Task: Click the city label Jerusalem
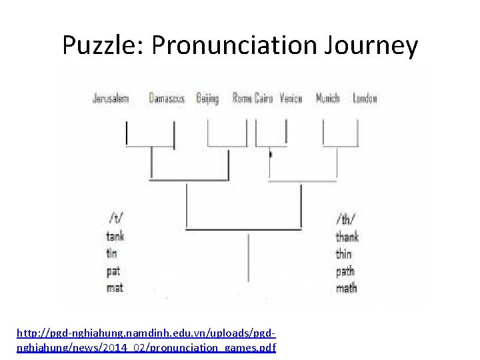(110, 99)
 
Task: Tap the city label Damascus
(167, 99)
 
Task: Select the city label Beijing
(207, 99)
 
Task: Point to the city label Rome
(241, 99)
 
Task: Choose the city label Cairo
(264, 99)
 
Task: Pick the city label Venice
(291, 99)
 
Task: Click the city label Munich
(327, 99)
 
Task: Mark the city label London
(365, 99)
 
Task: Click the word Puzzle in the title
(103, 45)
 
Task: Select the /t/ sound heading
(115, 218)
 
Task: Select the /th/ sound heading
(346, 218)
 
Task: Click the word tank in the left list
(115, 235)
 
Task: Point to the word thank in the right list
(348, 236)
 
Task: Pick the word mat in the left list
(115, 288)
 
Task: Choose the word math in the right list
(346, 288)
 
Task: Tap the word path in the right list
(345, 271)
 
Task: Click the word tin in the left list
(111, 253)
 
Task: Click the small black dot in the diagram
(269, 155)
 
